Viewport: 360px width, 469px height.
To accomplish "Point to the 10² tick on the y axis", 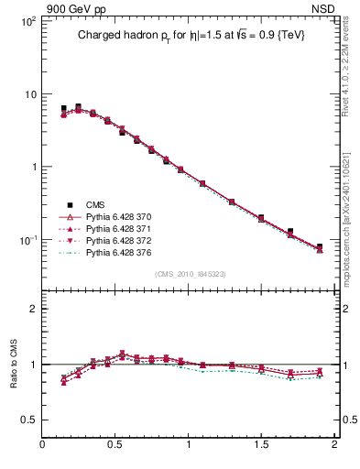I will click(x=27, y=20).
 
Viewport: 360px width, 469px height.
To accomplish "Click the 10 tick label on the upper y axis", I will click(x=30, y=93).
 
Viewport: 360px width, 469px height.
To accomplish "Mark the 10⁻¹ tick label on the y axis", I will click(x=27, y=240).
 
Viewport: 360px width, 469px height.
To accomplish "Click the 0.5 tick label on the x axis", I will click(x=115, y=446).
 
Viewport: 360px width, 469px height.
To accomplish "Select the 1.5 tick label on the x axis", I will click(x=261, y=446).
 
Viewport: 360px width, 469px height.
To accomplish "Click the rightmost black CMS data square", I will click(x=320, y=247).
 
